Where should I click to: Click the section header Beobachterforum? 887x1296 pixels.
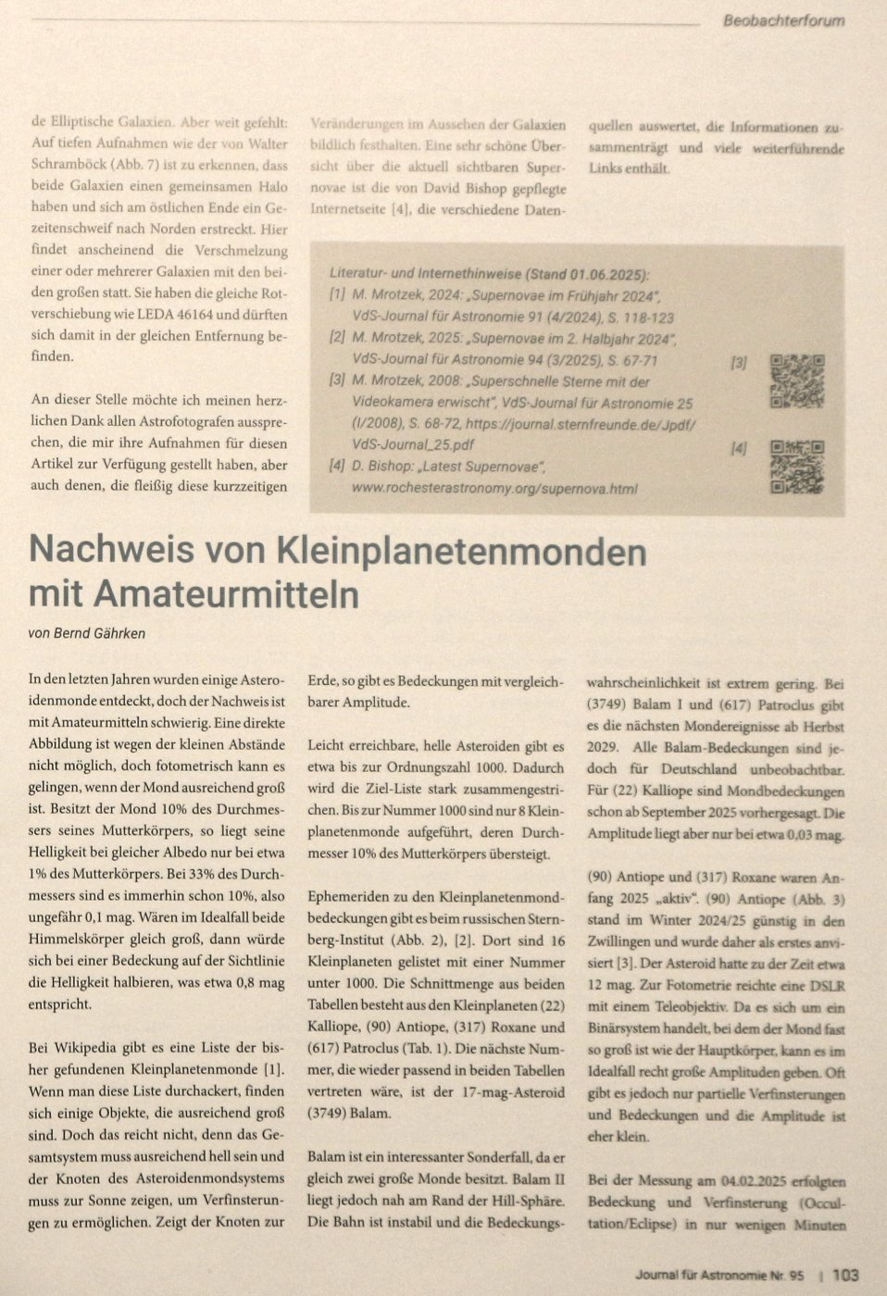point(782,20)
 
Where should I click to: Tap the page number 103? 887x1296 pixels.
point(845,1275)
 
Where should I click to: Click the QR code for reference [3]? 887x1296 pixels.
point(797,381)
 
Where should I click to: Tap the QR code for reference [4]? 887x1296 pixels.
point(797,467)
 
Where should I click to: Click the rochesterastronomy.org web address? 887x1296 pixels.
point(494,488)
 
